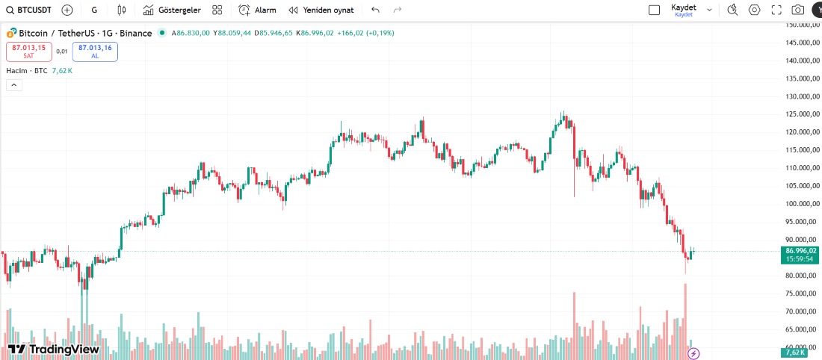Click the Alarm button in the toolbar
(x=257, y=10)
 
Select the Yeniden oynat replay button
(x=321, y=10)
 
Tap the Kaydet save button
(x=683, y=10)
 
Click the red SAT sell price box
(x=28, y=51)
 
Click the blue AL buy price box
(x=95, y=51)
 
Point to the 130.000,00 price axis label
(x=800, y=96)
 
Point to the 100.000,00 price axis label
(x=800, y=204)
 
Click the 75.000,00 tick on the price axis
(x=800, y=311)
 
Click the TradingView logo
(x=53, y=349)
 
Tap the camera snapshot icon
(x=798, y=10)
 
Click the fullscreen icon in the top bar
(x=776, y=10)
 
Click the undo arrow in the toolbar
(x=375, y=10)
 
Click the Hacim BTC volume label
(x=27, y=71)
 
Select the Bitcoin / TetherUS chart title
(x=84, y=33)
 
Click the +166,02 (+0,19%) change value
(x=365, y=33)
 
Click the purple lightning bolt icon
(x=693, y=353)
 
